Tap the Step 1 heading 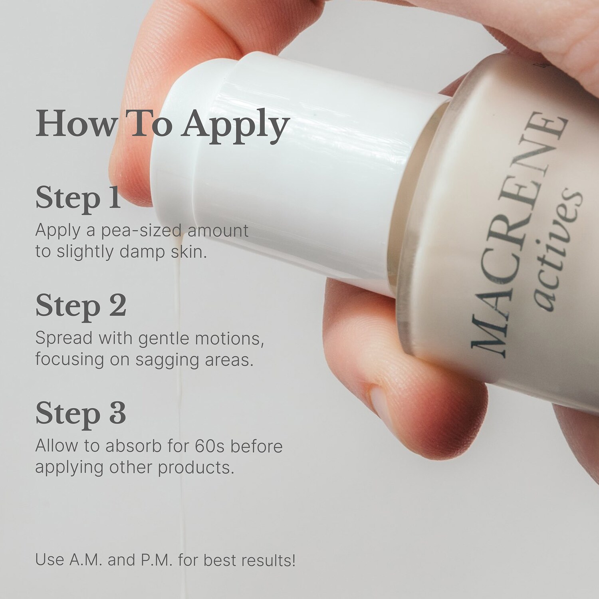pyautogui.click(x=78, y=198)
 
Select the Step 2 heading pyautogui.click(x=81, y=305)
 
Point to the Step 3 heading pyautogui.click(x=81, y=413)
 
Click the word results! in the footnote pyautogui.click(x=269, y=560)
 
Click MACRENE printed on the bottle pyautogui.click(x=519, y=236)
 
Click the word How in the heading pyautogui.click(x=75, y=125)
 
